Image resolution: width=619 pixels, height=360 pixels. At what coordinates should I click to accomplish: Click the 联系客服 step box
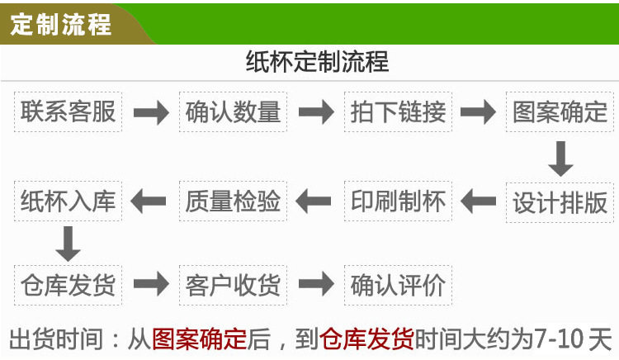tap(69, 112)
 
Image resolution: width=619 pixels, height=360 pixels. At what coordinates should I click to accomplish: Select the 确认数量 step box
tap(234, 112)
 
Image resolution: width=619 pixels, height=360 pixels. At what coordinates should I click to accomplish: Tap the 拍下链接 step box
tap(398, 112)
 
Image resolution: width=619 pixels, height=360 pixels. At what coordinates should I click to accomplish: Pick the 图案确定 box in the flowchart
tap(560, 112)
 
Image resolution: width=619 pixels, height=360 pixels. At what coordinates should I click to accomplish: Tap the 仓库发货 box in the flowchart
tap(69, 286)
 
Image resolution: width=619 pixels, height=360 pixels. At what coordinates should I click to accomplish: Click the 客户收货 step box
tap(234, 286)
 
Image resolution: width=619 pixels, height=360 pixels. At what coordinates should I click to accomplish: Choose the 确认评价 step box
tap(398, 286)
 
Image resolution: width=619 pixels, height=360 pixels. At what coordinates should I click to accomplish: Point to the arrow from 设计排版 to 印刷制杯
tap(479, 200)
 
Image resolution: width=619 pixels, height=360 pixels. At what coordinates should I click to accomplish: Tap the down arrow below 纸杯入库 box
tap(69, 244)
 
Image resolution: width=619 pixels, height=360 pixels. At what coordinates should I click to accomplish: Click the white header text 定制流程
tap(61, 24)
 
